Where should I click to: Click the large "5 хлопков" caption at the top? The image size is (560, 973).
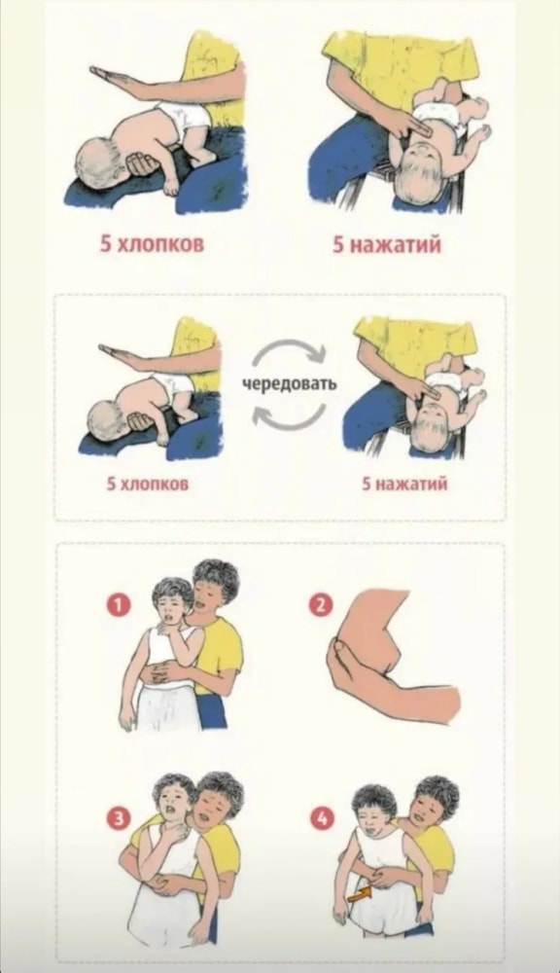tap(153, 244)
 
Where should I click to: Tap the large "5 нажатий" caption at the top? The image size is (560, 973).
tap(387, 244)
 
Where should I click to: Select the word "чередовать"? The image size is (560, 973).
tap(290, 382)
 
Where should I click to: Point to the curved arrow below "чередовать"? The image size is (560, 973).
tap(290, 414)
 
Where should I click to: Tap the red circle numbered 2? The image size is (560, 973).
tap(320, 606)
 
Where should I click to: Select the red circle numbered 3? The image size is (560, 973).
tap(118, 818)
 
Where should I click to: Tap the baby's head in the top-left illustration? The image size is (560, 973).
tap(102, 161)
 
